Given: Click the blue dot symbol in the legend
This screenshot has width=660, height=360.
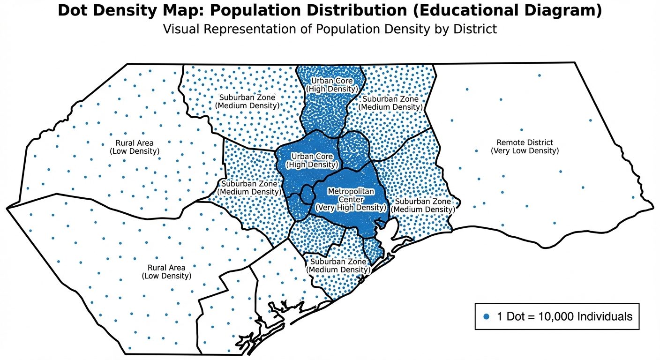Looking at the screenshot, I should tap(486, 316).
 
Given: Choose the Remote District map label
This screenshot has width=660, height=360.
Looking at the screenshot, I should tap(525, 142).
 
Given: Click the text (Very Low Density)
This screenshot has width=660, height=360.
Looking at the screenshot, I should tap(525, 151).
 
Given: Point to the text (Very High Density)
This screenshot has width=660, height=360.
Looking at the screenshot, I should tap(351, 208).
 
